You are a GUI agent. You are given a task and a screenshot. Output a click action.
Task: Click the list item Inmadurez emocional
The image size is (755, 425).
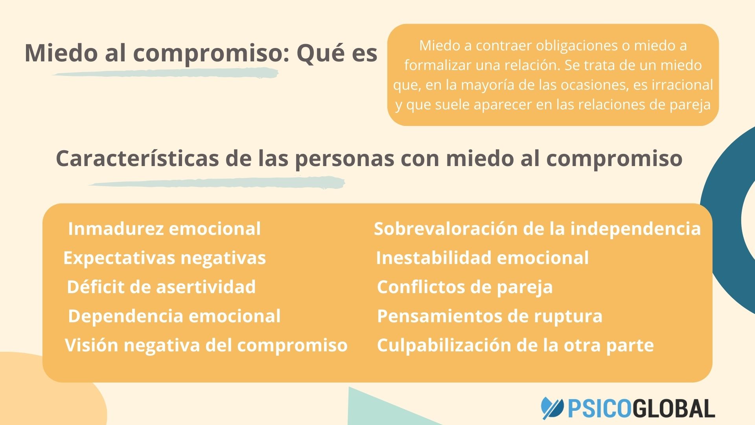click(164, 229)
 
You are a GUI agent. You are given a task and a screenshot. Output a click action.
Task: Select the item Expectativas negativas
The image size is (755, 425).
click(164, 258)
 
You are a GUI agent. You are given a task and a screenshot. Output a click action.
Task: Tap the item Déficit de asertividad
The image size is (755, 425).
click(161, 287)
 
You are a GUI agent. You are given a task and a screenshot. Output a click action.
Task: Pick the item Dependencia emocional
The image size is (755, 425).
click(174, 316)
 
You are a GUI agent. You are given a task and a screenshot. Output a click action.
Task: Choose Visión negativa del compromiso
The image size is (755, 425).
click(206, 345)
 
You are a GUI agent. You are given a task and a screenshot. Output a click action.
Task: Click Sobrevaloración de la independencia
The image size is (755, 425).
click(537, 229)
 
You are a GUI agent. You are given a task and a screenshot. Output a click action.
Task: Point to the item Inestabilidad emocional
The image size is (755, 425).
click(482, 258)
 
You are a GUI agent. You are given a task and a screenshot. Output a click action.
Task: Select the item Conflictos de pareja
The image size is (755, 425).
click(465, 287)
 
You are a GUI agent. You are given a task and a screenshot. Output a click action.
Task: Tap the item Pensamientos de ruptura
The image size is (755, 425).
click(490, 316)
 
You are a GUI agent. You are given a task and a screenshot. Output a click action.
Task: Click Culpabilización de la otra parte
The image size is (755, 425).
click(515, 345)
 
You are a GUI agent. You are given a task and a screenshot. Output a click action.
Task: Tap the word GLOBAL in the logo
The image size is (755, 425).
click(674, 408)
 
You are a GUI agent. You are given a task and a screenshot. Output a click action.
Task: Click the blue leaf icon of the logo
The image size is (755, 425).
click(552, 408)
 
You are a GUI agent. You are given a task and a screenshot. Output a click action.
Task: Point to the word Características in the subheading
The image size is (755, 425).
click(137, 159)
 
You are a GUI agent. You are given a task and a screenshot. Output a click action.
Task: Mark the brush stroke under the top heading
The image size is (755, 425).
click(165, 73)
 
